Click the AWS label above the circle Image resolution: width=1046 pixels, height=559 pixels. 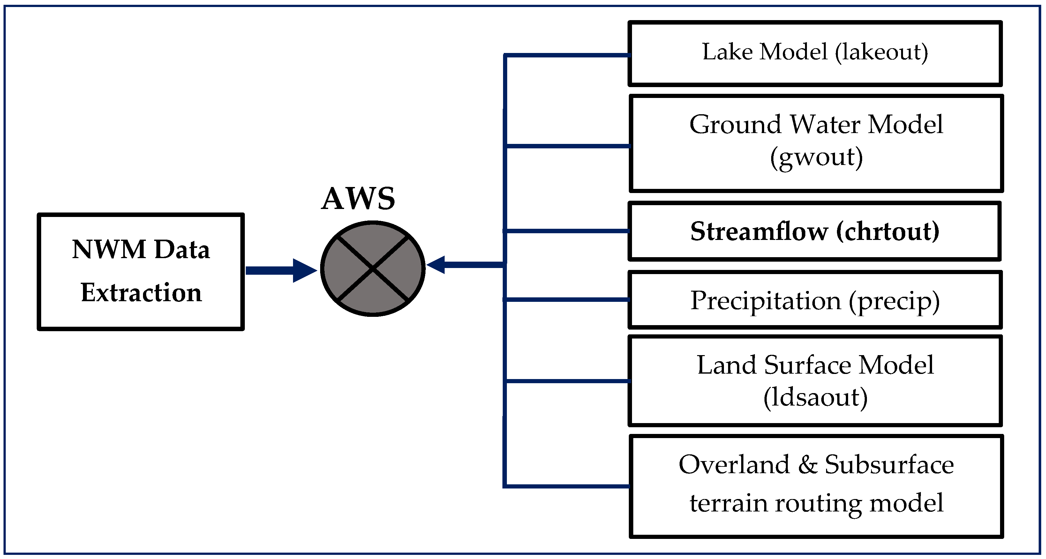[x=358, y=199]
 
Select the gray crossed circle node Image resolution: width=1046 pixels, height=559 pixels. [x=372, y=268]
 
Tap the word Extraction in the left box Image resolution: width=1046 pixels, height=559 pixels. [x=141, y=292]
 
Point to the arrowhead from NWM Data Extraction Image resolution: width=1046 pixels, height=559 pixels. [x=304, y=270]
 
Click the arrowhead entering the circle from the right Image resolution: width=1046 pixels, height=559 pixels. [x=437, y=265]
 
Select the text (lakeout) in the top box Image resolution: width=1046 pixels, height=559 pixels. [x=881, y=52]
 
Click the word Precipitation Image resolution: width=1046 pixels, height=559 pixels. [x=765, y=301]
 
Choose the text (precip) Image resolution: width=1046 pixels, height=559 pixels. [x=894, y=302]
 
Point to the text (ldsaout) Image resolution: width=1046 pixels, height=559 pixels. [x=815, y=398]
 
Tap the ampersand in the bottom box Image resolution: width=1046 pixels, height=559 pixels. [x=808, y=465]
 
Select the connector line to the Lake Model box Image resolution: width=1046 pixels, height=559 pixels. [x=567, y=55]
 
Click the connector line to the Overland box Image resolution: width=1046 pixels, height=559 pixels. [x=567, y=486]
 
